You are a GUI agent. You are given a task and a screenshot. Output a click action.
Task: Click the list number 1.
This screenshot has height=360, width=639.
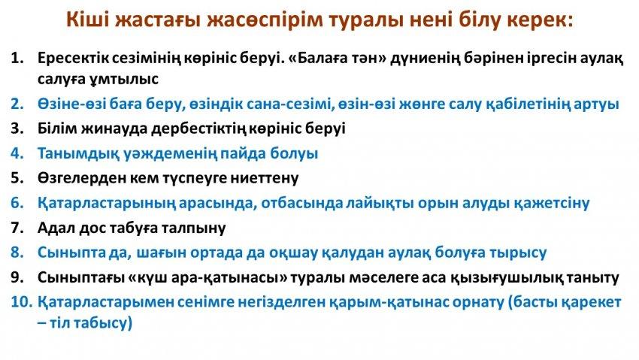[17, 58]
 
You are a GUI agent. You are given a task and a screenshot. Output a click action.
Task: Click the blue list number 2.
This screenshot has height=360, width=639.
[17, 104]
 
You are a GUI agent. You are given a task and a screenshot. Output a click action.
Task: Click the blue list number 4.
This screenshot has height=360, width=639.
[17, 153]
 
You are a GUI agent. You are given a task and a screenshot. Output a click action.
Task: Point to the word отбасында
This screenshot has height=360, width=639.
[302, 203]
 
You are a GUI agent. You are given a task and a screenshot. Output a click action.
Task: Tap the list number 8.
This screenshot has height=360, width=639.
[17, 253]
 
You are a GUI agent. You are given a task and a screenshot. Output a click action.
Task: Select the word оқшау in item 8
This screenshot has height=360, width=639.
[293, 253]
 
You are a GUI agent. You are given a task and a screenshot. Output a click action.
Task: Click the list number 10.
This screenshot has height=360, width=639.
[21, 302]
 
